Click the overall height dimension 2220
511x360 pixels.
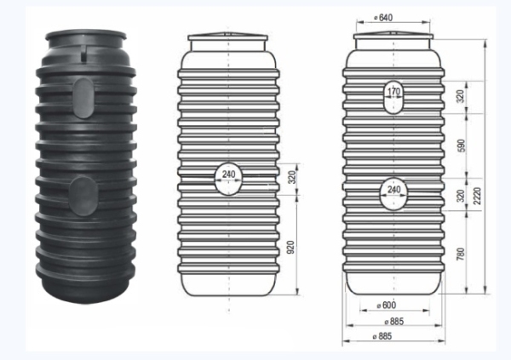tap(482, 196)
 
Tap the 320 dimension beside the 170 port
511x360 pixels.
tap(461, 96)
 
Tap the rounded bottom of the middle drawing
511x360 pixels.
tap(228, 285)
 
